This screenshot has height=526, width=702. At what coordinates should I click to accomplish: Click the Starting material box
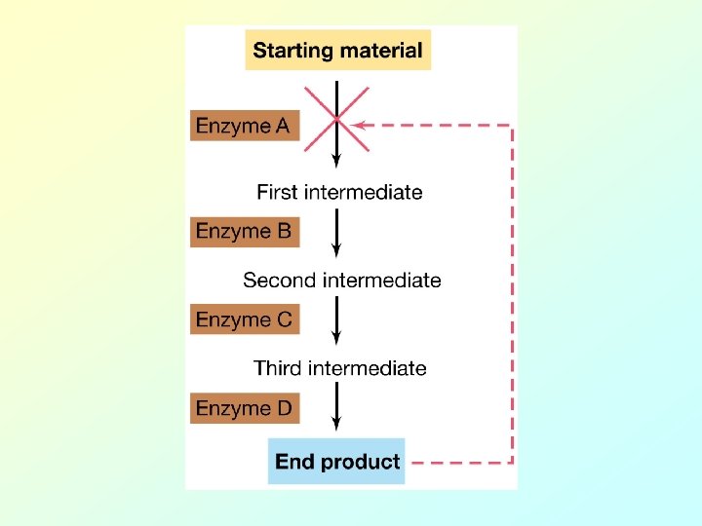point(337,51)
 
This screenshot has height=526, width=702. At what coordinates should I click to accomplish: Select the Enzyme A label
point(244,126)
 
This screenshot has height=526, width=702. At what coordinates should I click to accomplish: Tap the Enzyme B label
point(244,232)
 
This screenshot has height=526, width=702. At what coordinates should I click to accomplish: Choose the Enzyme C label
point(244,319)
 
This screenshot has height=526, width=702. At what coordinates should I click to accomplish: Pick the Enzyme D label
point(244,408)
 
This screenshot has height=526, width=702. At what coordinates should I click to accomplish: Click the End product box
point(337,462)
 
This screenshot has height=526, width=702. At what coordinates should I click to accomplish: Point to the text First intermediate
point(339,192)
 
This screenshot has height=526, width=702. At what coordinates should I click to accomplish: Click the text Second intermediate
point(341,281)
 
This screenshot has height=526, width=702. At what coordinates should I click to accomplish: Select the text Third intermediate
point(339,368)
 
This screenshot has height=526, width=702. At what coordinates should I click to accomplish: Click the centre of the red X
point(336,119)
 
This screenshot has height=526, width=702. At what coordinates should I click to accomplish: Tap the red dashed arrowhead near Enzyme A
point(359,125)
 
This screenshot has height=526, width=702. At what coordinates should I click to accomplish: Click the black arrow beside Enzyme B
point(336,235)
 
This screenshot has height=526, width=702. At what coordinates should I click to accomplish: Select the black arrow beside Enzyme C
point(336,321)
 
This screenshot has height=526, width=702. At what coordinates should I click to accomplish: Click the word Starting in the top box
point(288,52)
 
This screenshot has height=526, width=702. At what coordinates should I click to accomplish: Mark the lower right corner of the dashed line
point(512,462)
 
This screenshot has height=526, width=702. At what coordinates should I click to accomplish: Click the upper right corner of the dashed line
point(512,125)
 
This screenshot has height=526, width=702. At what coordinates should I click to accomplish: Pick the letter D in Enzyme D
point(284,408)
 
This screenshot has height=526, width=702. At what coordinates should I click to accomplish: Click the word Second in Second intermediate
point(277,281)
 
